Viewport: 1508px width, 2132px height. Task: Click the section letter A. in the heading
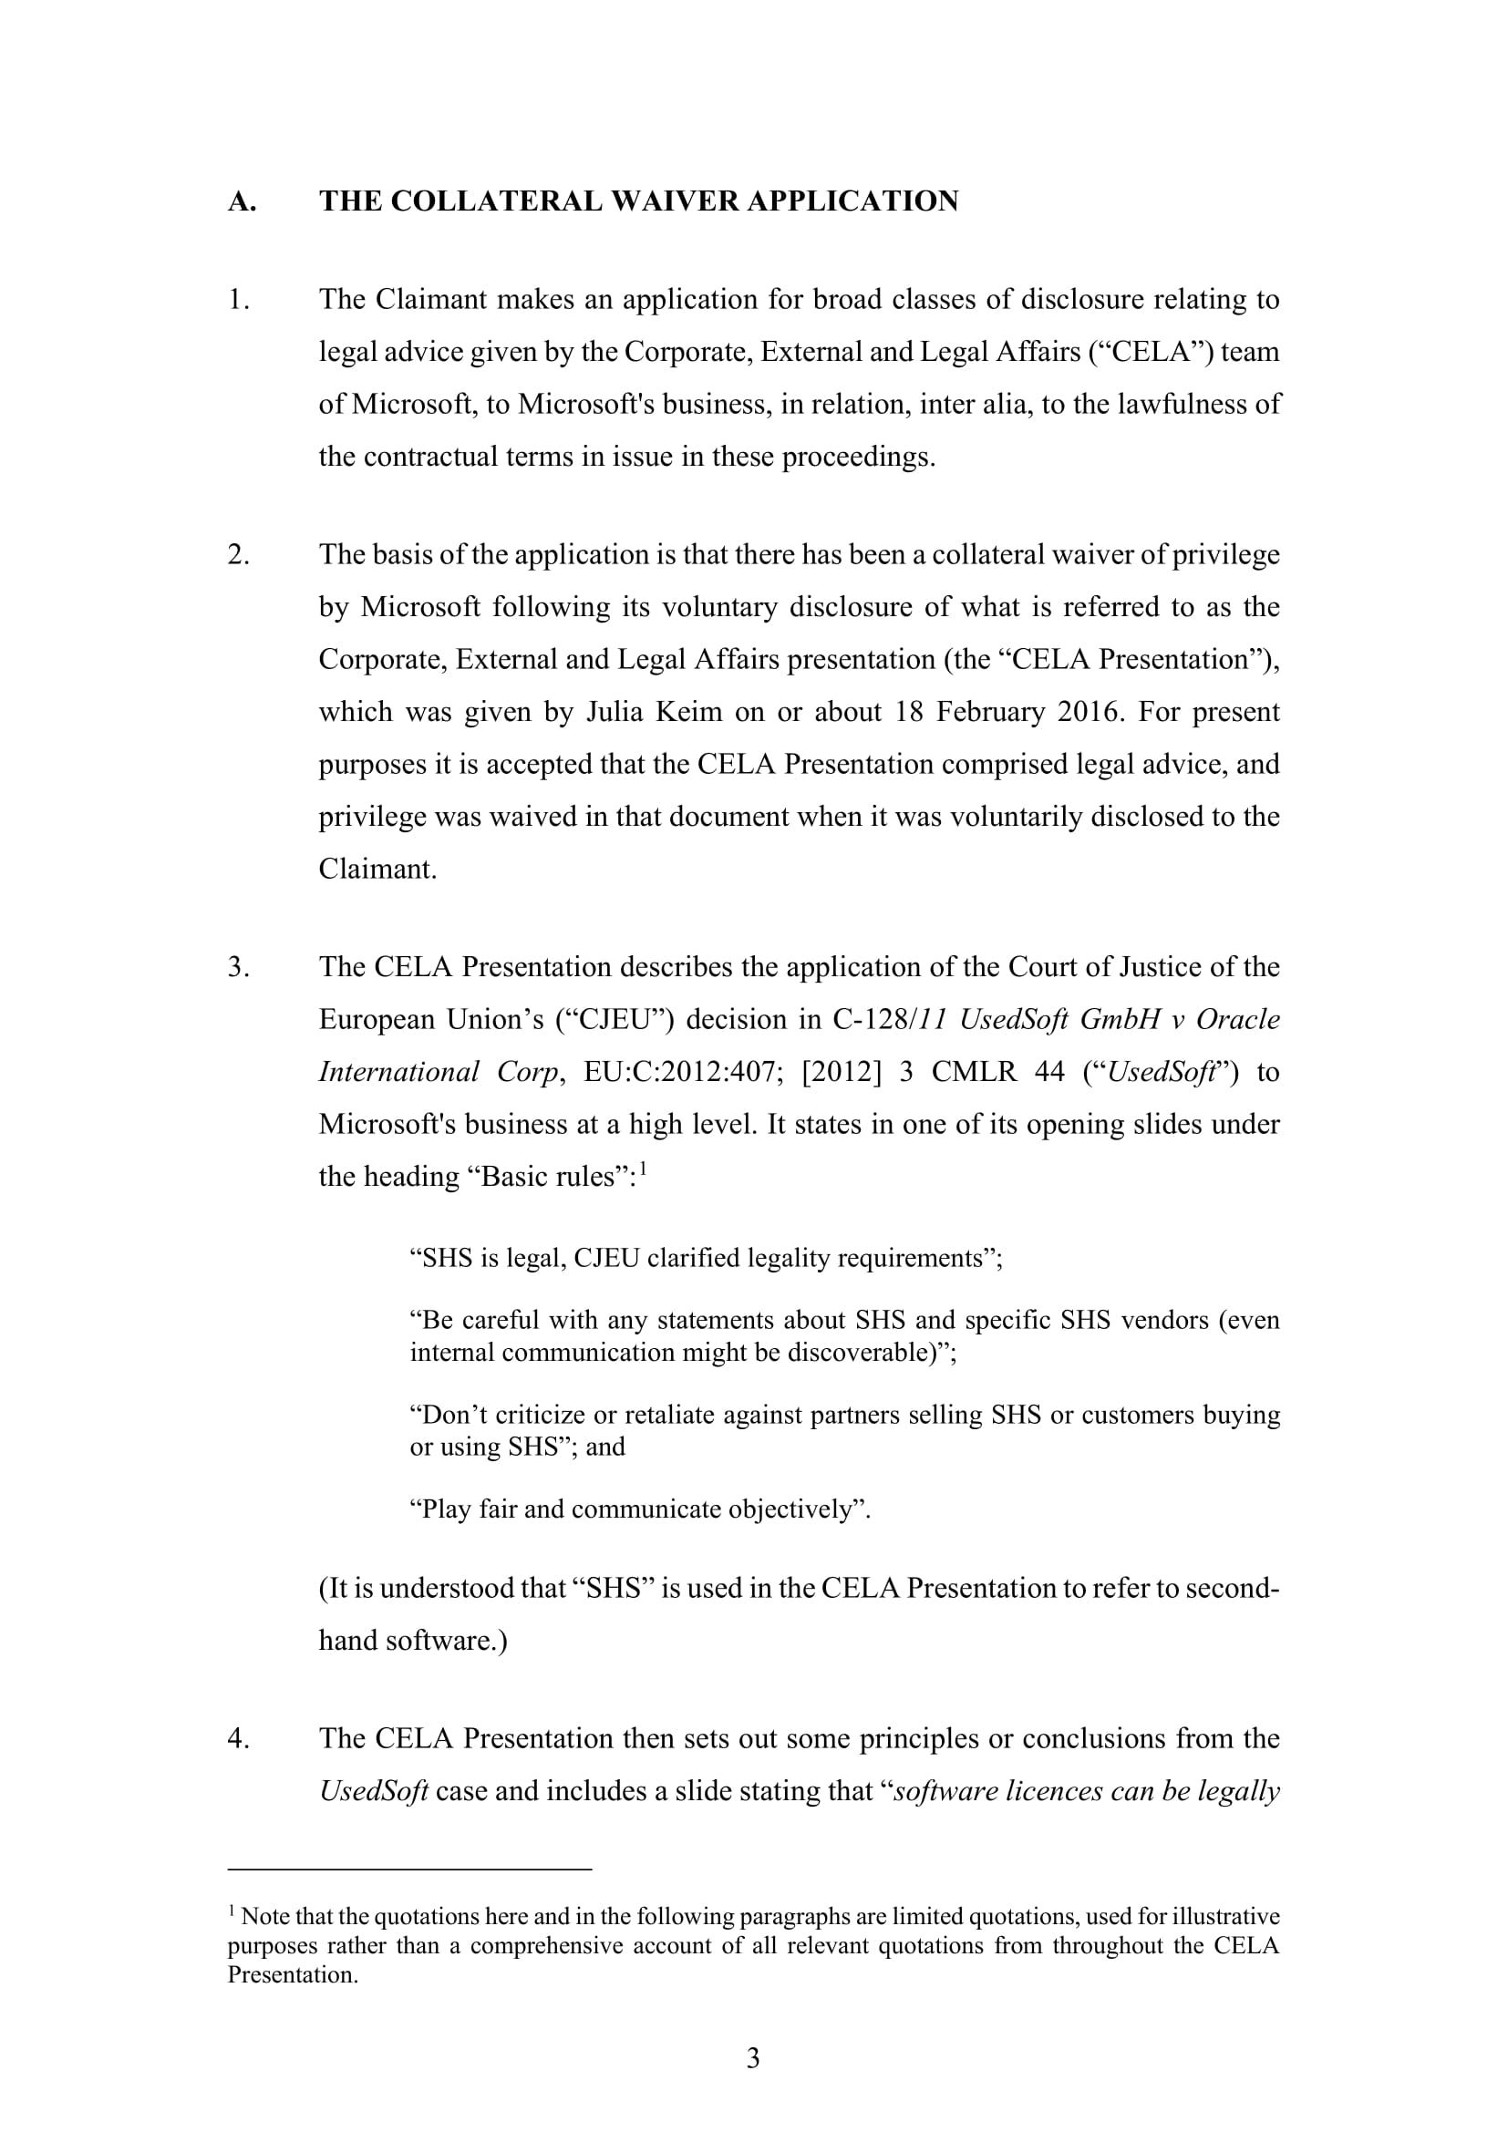[x=242, y=201]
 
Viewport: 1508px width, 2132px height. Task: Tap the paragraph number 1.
[x=239, y=300]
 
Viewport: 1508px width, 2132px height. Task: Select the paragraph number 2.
[x=239, y=555]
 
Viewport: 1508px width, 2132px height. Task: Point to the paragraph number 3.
[x=239, y=968]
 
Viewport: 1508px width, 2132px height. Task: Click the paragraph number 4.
[x=239, y=1738]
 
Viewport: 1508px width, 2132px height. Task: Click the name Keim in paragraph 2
[x=689, y=712]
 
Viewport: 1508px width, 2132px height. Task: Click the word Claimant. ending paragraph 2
[x=377, y=870]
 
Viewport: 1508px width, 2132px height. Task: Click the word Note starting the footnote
[x=264, y=1917]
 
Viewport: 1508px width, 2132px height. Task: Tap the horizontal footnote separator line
[x=409, y=1869]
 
